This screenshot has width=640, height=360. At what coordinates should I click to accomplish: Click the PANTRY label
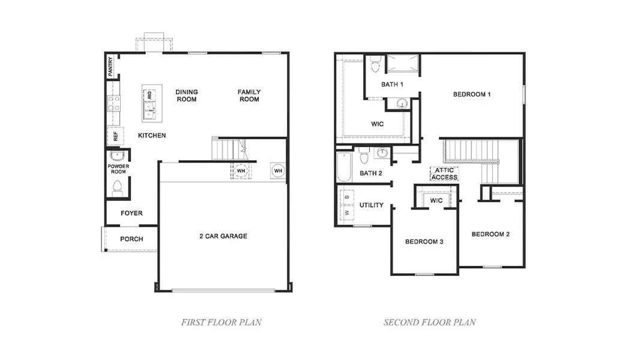tap(110, 67)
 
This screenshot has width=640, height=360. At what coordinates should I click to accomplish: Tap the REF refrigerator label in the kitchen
tap(115, 136)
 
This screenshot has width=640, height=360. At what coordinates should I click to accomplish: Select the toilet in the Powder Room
tap(117, 188)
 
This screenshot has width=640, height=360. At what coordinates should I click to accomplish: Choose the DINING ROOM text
tap(187, 95)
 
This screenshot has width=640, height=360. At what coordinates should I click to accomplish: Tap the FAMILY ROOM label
tap(249, 95)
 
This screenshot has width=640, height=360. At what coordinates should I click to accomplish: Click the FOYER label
tap(131, 213)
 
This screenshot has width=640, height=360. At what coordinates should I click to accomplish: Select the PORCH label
tap(131, 239)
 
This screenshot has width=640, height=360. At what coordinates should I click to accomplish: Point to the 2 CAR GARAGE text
tap(223, 236)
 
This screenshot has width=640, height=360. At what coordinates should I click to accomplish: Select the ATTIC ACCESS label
tap(444, 174)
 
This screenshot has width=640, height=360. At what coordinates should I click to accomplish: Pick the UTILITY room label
tap(372, 205)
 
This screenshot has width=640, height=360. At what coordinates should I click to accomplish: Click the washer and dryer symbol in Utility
tap(347, 205)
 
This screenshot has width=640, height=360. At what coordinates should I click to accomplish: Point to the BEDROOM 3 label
tap(424, 242)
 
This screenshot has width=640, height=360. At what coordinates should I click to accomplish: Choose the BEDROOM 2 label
tap(491, 234)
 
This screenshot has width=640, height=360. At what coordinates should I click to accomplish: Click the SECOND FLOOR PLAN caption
tap(430, 322)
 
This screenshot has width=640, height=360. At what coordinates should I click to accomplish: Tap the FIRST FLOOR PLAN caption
tap(222, 322)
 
